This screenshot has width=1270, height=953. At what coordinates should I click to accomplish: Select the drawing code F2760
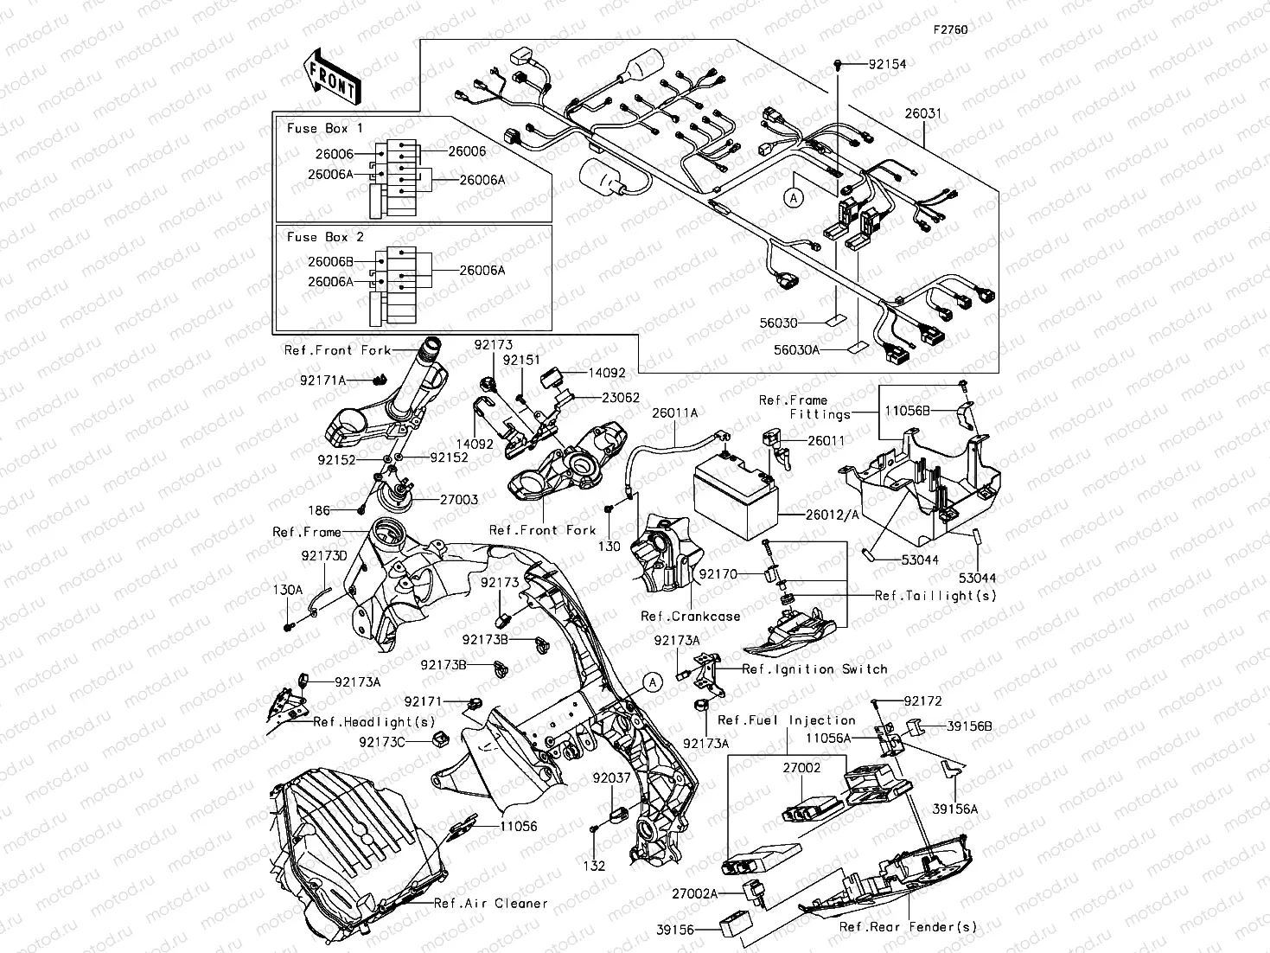(950, 29)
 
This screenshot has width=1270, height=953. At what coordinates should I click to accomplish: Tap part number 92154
(888, 65)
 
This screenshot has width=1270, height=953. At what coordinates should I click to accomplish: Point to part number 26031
(923, 113)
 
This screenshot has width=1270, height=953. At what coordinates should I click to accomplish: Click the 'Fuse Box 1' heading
(325, 128)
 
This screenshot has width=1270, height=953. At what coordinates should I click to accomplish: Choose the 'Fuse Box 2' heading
(325, 237)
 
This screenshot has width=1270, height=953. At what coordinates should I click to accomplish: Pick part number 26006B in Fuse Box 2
(329, 261)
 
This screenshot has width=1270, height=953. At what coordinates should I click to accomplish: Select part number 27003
(459, 500)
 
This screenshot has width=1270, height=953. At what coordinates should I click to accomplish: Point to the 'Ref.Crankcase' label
(690, 617)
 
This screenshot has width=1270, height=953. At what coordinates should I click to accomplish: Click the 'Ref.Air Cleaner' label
(490, 904)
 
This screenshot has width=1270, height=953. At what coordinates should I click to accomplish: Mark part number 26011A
(675, 413)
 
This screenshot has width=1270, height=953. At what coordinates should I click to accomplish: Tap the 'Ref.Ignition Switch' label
(814, 669)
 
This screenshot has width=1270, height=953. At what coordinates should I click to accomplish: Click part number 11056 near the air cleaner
(518, 827)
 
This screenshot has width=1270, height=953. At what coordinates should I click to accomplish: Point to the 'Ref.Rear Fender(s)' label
(908, 927)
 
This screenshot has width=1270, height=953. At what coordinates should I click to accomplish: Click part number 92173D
(324, 555)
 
